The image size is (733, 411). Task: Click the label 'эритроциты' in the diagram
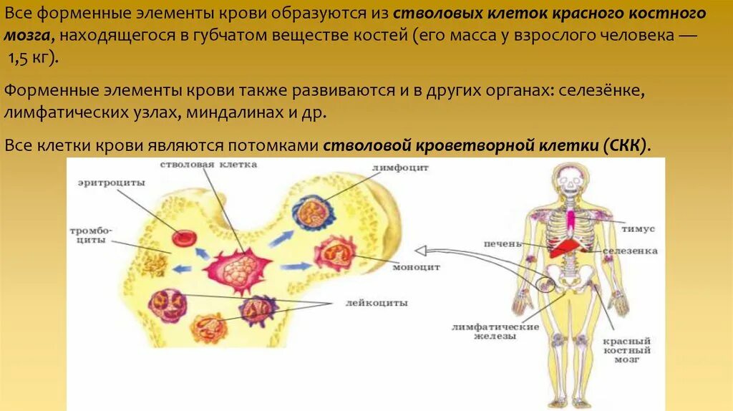pyautogui.click(x=112, y=183)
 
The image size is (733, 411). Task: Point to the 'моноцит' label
pyautogui.click(x=416, y=266)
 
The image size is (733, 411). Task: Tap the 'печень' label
pyautogui.click(x=502, y=243)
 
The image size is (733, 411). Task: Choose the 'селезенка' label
pyautogui.click(x=630, y=251)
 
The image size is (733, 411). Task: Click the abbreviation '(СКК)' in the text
pyautogui.click(x=626, y=145)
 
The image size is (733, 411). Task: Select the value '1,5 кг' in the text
pyautogui.click(x=32, y=59)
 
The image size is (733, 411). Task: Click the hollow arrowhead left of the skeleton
pyautogui.click(x=420, y=251)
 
